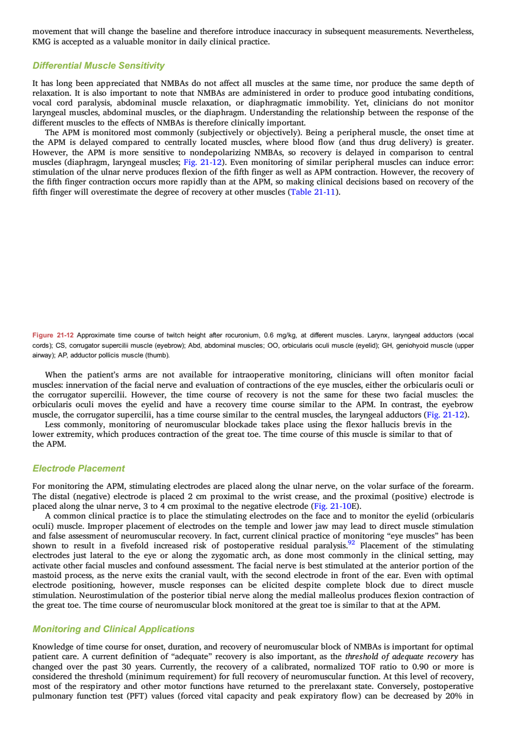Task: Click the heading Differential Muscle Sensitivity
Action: (x=98, y=66)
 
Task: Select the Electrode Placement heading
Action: (x=78, y=469)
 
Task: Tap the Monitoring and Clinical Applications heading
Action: (x=113, y=629)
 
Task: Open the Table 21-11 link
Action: (x=313, y=192)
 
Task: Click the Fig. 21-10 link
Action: (x=332, y=506)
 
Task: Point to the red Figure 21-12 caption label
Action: (x=53, y=335)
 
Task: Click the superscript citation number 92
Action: (x=351, y=543)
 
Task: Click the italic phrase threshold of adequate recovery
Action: (x=402, y=656)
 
